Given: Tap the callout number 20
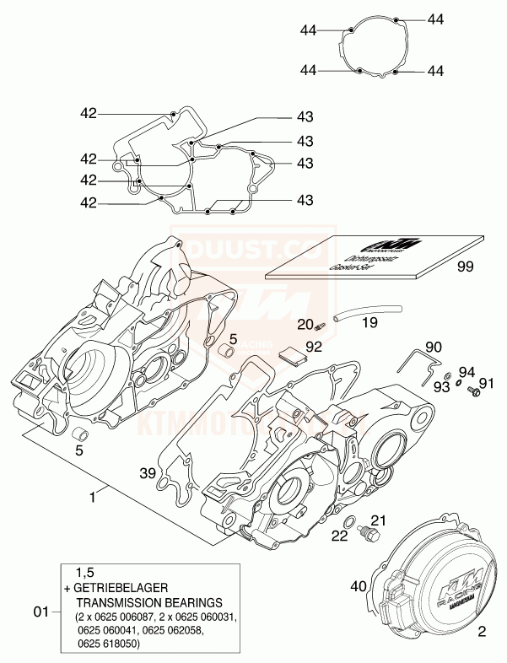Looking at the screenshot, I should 305,325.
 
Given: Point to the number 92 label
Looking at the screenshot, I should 314,345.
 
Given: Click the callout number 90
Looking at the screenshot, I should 433,347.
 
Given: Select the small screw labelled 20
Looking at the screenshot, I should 320,328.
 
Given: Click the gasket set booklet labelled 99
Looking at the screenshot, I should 371,255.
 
